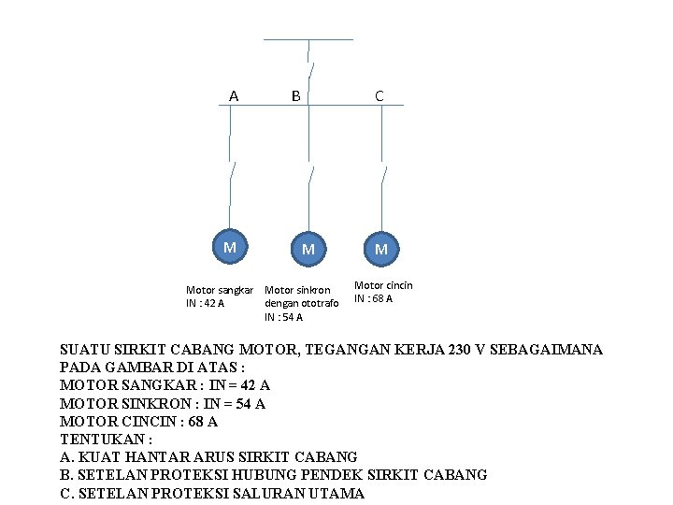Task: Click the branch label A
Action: (x=234, y=94)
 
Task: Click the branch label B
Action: (x=295, y=94)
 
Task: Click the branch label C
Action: (x=379, y=94)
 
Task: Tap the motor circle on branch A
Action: (x=229, y=247)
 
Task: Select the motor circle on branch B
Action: (x=308, y=249)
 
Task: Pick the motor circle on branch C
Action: (x=380, y=249)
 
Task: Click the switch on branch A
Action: (x=231, y=173)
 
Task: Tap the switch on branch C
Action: (x=382, y=175)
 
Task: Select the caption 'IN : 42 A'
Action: (x=206, y=303)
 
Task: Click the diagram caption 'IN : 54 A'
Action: (x=283, y=317)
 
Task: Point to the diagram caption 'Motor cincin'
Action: (x=383, y=285)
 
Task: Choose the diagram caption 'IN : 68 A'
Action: (x=373, y=299)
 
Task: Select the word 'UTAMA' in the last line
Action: (x=336, y=493)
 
